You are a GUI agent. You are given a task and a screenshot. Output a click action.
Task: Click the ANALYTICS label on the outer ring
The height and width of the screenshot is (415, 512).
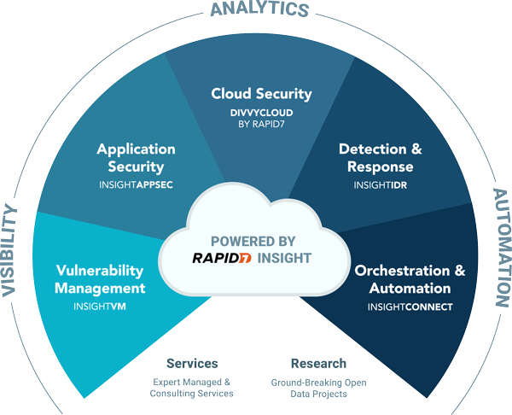click(x=259, y=9)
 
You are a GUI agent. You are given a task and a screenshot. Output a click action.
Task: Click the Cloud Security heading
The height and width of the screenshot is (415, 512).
click(x=261, y=93)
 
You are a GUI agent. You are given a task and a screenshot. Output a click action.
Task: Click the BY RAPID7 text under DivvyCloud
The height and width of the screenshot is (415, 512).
click(x=261, y=124)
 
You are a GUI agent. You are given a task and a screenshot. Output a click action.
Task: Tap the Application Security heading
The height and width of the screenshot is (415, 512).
click(x=130, y=158)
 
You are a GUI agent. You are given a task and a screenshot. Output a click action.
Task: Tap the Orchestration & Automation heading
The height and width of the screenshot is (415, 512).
click(x=410, y=279)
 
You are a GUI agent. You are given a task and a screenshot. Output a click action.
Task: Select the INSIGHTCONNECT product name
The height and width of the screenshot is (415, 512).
click(x=410, y=306)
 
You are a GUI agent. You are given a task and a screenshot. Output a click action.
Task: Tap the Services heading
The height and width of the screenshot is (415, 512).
click(x=192, y=363)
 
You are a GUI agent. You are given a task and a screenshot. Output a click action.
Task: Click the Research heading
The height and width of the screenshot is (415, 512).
click(x=318, y=363)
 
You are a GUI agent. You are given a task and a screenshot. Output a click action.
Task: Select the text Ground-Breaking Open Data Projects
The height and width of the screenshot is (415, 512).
click(x=317, y=388)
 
